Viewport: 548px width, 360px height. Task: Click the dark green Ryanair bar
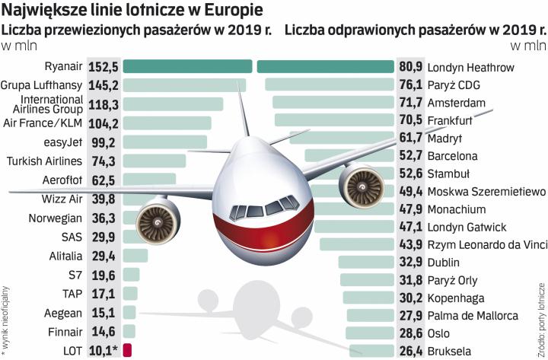click(x=187, y=67)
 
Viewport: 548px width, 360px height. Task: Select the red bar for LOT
click(x=127, y=351)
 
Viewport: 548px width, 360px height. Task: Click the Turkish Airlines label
click(x=45, y=161)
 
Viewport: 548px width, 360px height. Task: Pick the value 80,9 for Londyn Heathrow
click(x=411, y=67)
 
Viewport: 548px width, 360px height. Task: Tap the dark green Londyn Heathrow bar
click(x=326, y=67)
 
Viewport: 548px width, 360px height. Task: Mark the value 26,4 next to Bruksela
click(x=411, y=351)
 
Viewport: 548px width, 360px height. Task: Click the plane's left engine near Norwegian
click(x=158, y=220)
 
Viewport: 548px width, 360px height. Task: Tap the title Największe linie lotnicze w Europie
click(x=134, y=11)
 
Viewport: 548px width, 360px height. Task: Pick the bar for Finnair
click(x=129, y=332)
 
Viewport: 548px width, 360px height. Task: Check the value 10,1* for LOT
click(x=104, y=351)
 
